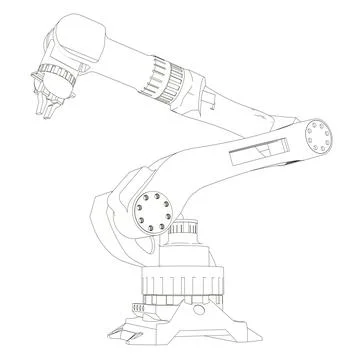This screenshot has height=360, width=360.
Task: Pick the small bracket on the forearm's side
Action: click(213, 98)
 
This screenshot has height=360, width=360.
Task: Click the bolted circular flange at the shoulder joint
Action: click(155, 209)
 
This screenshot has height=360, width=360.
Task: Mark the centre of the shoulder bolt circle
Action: click(155, 209)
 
